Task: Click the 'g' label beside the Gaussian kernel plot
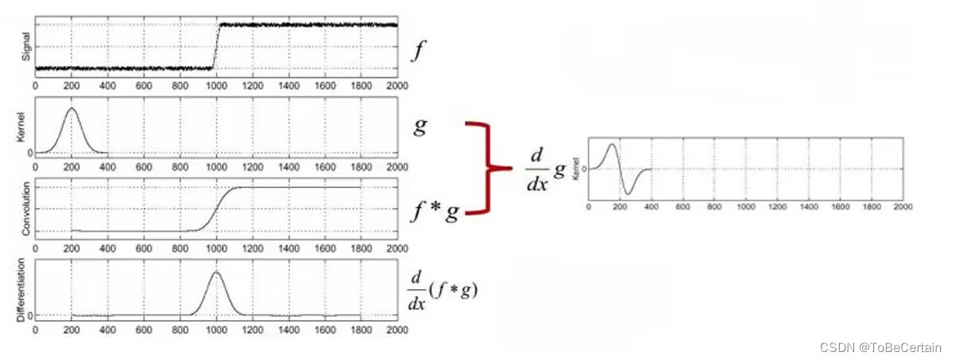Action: tap(421, 128)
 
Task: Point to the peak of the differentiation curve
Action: tap(216, 272)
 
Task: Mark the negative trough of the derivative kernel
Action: tap(629, 194)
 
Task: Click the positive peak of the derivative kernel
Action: tap(610, 145)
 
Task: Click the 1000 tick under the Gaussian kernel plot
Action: tap(216, 167)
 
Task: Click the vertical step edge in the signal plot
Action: tap(216, 46)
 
